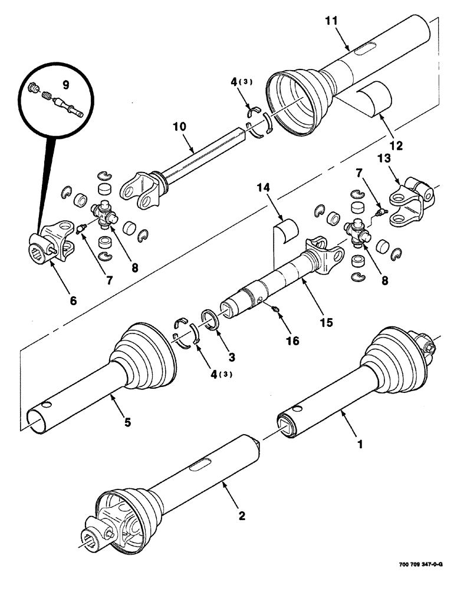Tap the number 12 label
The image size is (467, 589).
point(396,144)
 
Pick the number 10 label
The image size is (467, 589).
point(179,126)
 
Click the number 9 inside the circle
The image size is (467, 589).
point(65,85)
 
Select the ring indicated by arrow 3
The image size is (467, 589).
point(211,318)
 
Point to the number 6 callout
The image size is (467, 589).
point(73,300)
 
